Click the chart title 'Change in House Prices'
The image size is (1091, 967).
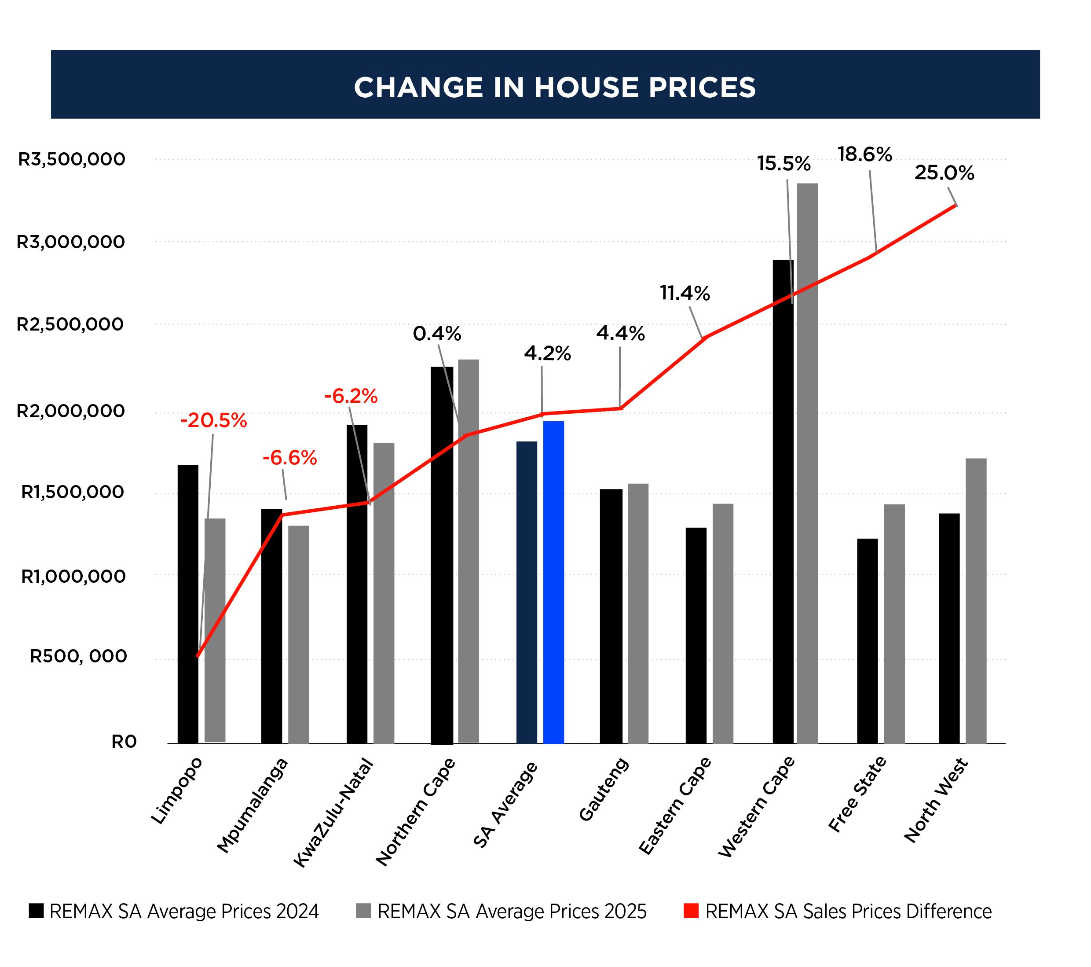pos(555,87)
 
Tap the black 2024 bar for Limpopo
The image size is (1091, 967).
pos(188,603)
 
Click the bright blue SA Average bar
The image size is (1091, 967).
pos(553,582)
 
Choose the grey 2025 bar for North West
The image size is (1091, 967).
pos(976,601)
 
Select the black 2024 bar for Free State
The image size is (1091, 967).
pos(868,641)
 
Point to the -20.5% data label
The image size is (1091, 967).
pos(213,421)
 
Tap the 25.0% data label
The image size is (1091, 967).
pos(944,173)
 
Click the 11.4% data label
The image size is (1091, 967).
pos(685,293)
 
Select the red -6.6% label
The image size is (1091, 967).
pos(289,458)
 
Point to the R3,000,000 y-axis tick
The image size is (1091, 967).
pos(70,242)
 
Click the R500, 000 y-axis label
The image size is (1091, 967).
pos(78,656)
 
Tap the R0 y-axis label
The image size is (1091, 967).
pos(124,742)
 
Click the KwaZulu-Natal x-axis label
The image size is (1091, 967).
pos(333,812)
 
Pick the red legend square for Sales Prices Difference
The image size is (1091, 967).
pos(691,911)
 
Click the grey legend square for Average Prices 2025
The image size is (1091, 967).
pos(363,911)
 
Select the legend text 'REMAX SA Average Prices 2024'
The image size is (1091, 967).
pos(184,911)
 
